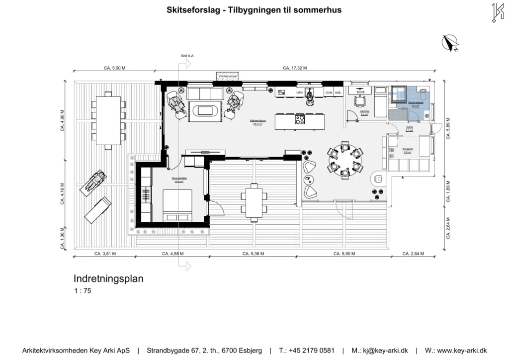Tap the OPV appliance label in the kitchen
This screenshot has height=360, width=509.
pos(299,93)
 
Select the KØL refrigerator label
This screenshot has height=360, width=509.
pos(338,93)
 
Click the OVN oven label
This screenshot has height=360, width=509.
pos(329,93)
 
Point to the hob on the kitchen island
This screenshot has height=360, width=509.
pos(300,119)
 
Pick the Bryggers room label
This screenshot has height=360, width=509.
pos(408,150)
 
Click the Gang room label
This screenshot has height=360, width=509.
pos(410,128)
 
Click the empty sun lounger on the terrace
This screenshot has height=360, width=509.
pos(97,210)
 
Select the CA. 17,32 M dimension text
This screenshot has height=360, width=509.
pos(294,68)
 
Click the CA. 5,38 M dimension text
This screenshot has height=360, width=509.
pos(254,254)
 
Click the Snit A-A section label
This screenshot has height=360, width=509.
pos(187,57)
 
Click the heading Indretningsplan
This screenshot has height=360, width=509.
pos(108,279)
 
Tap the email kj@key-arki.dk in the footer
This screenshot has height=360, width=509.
pos(380,351)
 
